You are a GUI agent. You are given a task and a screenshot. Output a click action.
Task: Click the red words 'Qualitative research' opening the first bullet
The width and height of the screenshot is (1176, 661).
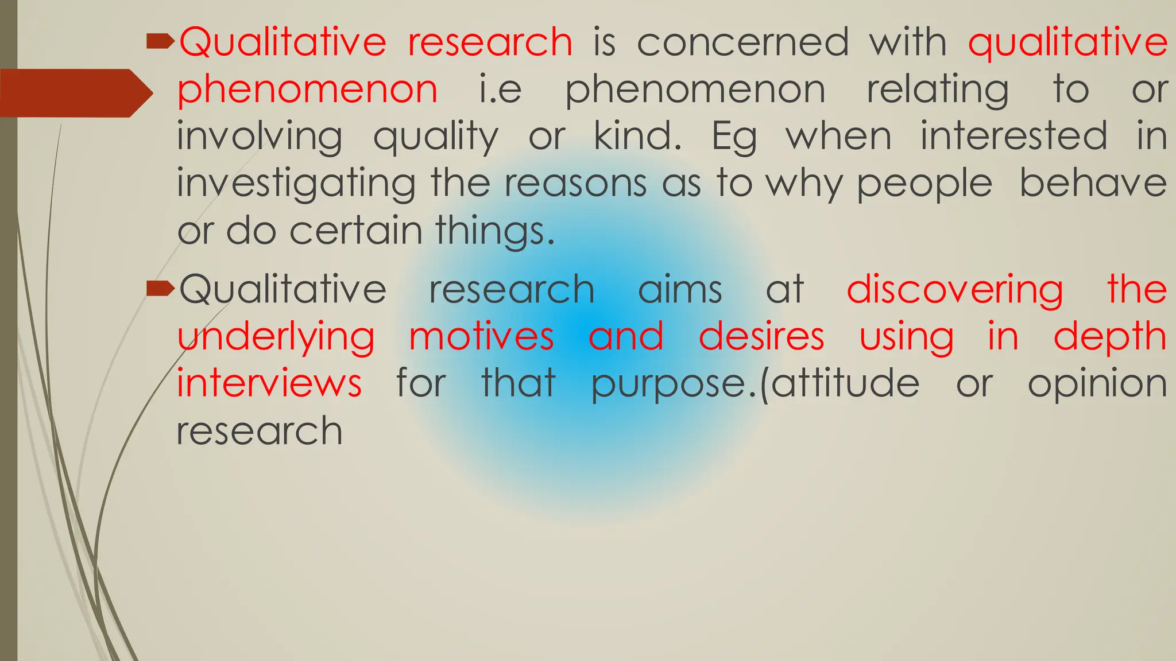coord(376,42)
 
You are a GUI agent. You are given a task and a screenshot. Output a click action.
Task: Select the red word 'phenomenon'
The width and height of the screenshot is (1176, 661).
coord(307,90)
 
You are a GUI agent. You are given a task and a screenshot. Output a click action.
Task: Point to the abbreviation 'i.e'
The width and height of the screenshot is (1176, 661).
coord(500,90)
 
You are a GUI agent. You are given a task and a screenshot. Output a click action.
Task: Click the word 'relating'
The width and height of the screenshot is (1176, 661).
coord(937,90)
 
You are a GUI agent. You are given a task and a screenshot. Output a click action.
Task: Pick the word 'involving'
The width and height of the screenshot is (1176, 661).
coord(260,138)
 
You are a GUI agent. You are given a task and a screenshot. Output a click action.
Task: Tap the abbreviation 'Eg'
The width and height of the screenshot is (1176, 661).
coord(734,138)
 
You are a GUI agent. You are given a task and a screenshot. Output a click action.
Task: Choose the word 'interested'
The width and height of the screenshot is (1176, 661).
coord(1014,137)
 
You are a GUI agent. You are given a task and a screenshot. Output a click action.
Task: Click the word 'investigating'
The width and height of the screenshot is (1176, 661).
coord(296,185)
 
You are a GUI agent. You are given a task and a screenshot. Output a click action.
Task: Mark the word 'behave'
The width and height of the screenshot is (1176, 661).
coord(1093,184)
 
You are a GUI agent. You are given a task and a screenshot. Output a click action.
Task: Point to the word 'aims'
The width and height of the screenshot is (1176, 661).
coord(680,289)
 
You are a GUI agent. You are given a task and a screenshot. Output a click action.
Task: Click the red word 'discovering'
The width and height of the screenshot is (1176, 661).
coord(954,290)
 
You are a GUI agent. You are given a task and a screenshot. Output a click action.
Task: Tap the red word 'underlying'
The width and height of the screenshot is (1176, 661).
coord(276,337)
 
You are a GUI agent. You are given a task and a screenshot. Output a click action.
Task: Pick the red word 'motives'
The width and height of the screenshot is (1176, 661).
coord(481,336)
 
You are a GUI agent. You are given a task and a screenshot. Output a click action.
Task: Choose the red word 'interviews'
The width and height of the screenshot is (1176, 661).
coord(269,383)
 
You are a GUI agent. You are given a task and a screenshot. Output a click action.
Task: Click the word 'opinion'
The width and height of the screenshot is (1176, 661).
coord(1097,384)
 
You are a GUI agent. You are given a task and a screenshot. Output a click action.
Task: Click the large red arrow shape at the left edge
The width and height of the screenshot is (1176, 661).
coord(75,93)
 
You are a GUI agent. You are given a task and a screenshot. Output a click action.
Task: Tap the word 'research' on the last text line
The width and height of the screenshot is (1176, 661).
coord(260,431)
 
